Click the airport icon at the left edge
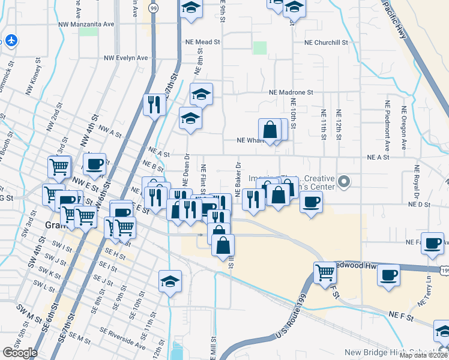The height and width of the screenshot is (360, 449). (x=11, y=40)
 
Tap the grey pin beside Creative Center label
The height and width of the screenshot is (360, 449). (x=344, y=181)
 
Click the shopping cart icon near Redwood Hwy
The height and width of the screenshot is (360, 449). (x=325, y=272)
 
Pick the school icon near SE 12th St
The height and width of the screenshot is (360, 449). (x=170, y=281)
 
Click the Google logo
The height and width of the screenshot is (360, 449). (x=20, y=353)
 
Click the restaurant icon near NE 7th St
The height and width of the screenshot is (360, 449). (x=154, y=106)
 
